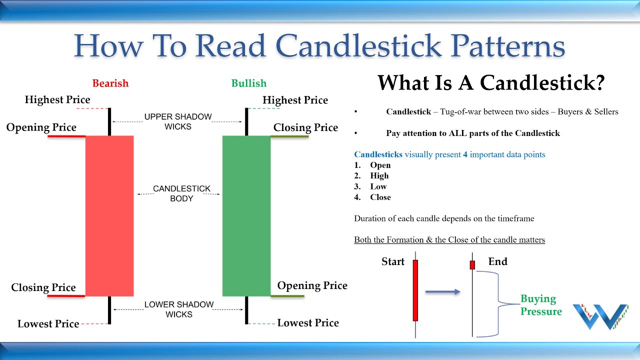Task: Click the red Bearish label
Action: [110, 83]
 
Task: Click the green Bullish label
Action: [248, 83]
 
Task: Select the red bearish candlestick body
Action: [109, 215]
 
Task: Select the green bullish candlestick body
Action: [246, 215]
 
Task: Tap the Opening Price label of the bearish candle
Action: [41, 127]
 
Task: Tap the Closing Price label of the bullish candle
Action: [305, 128]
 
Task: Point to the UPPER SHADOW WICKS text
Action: [178, 121]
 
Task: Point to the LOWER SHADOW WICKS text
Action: [178, 309]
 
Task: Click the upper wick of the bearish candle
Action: [109, 121]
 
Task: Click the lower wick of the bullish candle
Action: [246, 309]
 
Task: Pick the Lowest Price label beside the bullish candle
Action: [308, 323]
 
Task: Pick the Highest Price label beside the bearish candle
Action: [57, 100]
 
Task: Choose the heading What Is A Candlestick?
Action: [490, 82]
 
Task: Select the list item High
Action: [379, 176]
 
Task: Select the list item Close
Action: [380, 197]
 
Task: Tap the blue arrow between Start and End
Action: [442, 291]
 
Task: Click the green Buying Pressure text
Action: [540, 305]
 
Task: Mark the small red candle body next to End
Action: [472, 265]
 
